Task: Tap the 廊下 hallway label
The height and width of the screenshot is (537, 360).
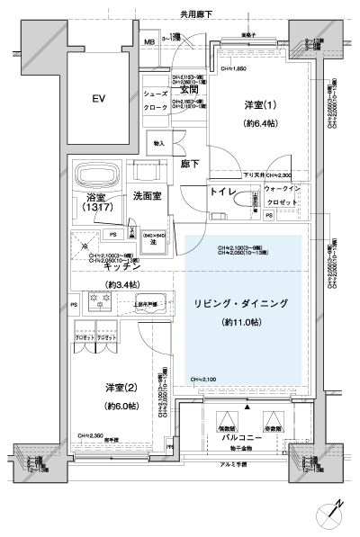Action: click(x=189, y=165)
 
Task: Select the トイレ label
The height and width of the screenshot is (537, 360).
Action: click(x=221, y=192)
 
